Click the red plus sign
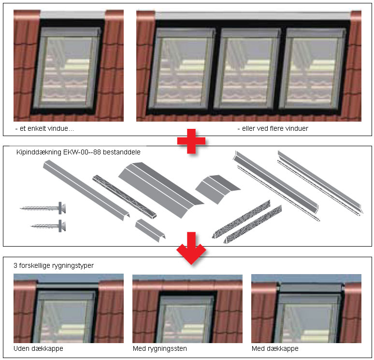pyautogui.click(x=191, y=141)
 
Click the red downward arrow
pyautogui.click(x=191, y=248)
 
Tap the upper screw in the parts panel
pyautogui.click(x=43, y=208)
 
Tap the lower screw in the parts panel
pyautogui.click(x=48, y=226)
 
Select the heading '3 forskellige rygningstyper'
pyautogui.click(x=54, y=265)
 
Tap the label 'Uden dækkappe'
pyautogui.click(x=38, y=348)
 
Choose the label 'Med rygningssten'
pyautogui.click(x=160, y=349)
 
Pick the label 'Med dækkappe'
pyautogui.click(x=275, y=348)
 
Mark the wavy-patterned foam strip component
pyautogui.click(x=125, y=196)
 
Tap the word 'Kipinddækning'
pyautogui.click(x=39, y=152)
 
